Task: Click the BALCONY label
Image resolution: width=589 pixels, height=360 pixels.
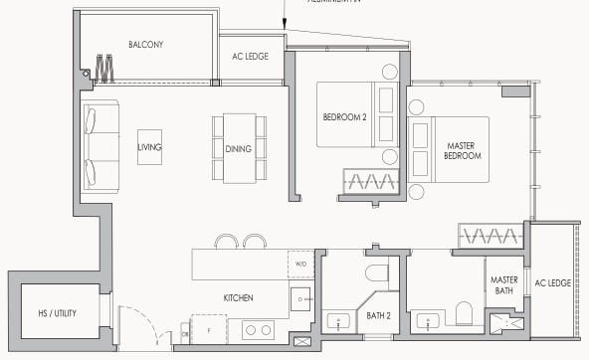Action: [x=145, y=45]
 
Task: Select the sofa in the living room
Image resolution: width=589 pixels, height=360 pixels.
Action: [x=99, y=145]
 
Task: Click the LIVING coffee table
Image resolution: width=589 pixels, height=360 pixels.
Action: [x=150, y=147]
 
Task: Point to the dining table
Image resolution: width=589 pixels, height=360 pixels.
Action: [x=240, y=147]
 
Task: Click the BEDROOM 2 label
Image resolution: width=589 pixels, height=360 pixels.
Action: [x=344, y=117]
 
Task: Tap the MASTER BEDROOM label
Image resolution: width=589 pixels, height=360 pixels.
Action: [x=462, y=150]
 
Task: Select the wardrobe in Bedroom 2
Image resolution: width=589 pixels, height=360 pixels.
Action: [x=371, y=181]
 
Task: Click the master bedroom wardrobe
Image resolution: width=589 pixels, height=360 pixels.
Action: [x=488, y=236]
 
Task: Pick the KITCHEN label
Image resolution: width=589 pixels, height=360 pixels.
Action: [x=238, y=297]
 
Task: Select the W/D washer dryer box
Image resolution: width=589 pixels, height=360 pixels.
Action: [x=301, y=265]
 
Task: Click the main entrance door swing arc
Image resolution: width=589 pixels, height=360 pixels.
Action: [x=139, y=320]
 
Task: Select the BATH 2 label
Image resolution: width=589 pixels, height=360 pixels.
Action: [x=379, y=315]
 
